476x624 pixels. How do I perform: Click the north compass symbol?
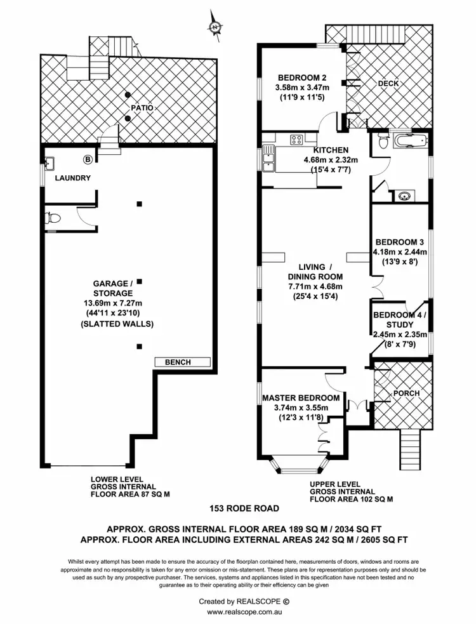coord(215,27)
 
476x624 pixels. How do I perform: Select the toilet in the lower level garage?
coord(53,218)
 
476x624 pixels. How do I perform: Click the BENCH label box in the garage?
coord(183,362)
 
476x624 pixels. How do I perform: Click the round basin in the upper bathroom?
coord(404,196)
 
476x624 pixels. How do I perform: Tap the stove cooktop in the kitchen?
coord(296,140)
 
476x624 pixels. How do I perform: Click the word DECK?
coord(388,84)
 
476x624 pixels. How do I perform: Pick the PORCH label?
coord(407,393)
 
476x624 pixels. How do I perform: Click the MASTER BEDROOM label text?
coord(301,398)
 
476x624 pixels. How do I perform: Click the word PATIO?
coord(142,108)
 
